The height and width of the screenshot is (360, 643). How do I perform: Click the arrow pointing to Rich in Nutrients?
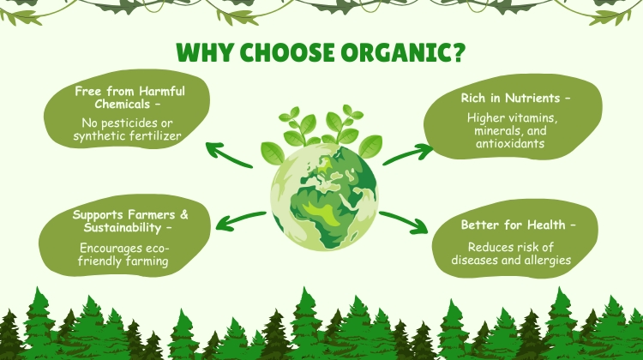point(407,154)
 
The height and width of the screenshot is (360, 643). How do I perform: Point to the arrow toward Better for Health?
point(404,222)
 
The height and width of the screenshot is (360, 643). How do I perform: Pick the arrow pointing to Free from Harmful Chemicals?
point(229,154)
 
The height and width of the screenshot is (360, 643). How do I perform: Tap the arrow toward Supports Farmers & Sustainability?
point(241,220)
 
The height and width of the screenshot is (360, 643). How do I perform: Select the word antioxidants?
point(510,143)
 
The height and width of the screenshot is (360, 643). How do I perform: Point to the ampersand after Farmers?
point(184,214)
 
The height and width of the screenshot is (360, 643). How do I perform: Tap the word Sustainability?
point(123,227)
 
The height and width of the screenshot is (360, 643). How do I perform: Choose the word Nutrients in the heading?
point(532,98)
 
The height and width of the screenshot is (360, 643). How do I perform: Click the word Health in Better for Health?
point(546,225)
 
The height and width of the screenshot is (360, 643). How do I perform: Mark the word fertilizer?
point(156,135)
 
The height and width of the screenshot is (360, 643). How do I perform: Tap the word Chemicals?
point(123,104)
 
